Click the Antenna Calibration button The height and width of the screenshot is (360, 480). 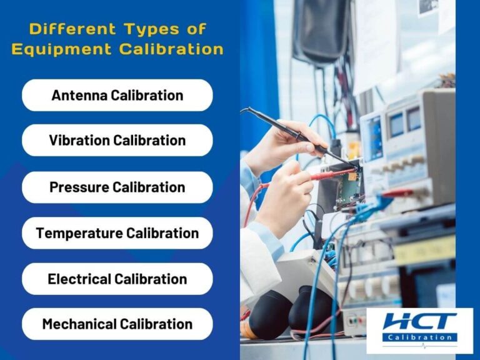[117, 96]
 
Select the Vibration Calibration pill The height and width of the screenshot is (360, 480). [117, 141]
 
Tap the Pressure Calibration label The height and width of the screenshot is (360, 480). [117, 187]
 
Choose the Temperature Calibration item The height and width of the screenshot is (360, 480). [117, 233]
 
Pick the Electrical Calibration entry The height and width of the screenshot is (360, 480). [117, 279]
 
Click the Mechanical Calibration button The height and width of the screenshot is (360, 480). [117, 324]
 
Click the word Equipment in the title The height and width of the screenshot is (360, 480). [63, 49]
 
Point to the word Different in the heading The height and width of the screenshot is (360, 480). [64, 29]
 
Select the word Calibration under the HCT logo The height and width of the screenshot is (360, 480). [419, 337]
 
